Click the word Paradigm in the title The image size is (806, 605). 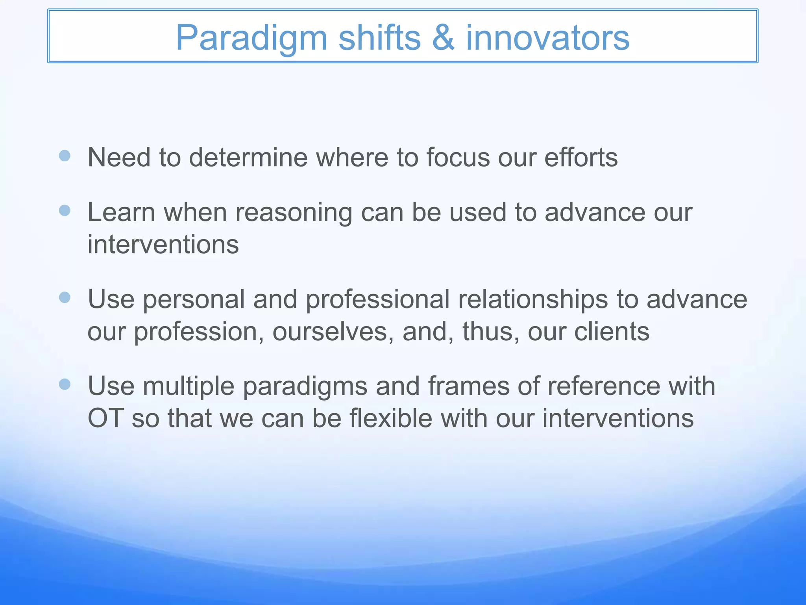coord(251,38)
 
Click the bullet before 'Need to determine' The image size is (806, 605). coord(65,156)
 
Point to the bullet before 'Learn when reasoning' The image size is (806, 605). coord(65,210)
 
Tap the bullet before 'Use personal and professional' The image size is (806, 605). coord(65,297)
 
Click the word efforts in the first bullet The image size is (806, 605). coord(581,157)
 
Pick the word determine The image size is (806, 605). coord(248,157)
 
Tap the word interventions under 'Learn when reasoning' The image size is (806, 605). coord(163,245)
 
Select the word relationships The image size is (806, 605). coord(533,299)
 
